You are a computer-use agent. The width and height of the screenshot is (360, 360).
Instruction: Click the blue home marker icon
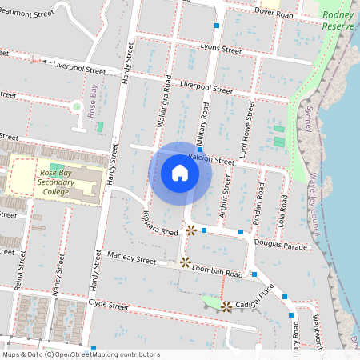click(180, 172)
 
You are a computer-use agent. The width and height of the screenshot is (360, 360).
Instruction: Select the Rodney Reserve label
click(338, 20)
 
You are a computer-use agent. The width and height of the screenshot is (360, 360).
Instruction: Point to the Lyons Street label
click(221, 50)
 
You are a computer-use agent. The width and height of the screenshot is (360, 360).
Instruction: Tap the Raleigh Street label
click(211, 160)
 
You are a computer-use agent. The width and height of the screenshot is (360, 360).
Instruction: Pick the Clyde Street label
click(108, 306)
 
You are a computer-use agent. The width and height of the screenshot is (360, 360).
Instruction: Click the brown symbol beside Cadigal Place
click(226, 306)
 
